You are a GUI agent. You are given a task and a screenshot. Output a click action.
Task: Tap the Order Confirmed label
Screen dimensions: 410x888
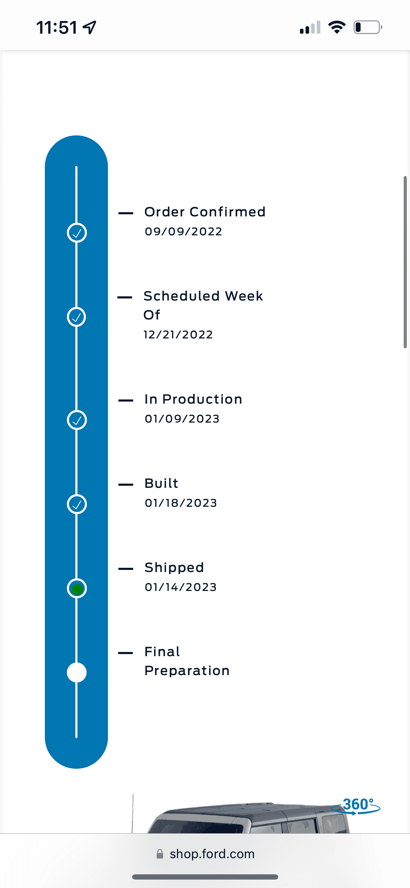(205, 212)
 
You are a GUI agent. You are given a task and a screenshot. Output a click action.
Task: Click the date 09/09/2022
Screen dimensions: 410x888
(183, 231)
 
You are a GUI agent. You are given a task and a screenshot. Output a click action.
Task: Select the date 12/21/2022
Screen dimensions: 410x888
(178, 335)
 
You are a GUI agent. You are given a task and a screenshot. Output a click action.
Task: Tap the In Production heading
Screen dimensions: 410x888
(193, 399)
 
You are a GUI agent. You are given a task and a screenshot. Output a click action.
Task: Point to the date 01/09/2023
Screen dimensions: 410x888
(182, 419)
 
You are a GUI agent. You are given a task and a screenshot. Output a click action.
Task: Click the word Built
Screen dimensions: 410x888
(162, 483)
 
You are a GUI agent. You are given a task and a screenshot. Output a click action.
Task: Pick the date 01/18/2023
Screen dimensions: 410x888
(181, 503)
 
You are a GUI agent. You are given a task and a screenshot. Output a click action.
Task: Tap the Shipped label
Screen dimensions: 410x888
(174, 567)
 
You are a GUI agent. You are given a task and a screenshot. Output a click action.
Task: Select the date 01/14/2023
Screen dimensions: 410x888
(181, 587)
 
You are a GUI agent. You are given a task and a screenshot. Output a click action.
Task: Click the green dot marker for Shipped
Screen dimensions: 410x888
(77, 588)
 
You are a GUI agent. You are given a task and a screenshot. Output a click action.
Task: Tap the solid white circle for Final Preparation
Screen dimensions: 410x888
(77, 673)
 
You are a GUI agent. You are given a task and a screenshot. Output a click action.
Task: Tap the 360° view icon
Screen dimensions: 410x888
(356, 806)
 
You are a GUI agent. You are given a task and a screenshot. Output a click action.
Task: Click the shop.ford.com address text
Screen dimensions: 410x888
(212, 854)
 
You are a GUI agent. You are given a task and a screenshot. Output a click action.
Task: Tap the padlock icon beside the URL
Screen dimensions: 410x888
(160, 854)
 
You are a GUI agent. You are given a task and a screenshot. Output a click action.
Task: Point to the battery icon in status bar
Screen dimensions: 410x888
(368, 27)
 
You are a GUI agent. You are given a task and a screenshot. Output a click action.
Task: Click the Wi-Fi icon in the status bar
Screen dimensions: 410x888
(337, 27)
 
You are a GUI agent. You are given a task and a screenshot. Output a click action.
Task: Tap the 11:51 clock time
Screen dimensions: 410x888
(57, 27)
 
